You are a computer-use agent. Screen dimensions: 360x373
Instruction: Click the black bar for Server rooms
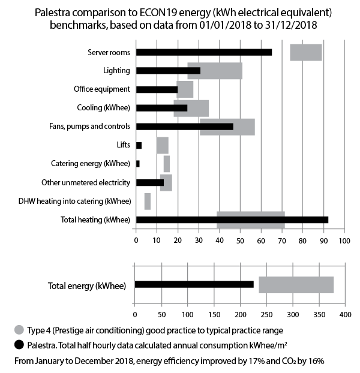coord(204,52)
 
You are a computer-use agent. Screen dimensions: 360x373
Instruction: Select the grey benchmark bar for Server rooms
coord(306,52)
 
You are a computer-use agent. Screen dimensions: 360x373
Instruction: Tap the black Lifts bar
coord(139,145)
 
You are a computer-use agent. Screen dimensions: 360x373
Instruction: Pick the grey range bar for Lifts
coord(163,145)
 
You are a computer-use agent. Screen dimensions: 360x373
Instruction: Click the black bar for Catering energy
coord(138,164)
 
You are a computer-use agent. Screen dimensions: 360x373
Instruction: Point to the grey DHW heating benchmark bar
coord(148,201)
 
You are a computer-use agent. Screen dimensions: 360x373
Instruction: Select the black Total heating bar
coord(232,220)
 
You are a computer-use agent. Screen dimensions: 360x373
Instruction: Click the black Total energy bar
coord(194,284)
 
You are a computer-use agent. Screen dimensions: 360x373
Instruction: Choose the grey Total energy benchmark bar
coord(296,285)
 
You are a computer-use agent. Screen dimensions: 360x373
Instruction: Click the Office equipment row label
coord(102,89)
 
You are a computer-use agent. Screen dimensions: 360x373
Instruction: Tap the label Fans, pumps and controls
coord(90,126)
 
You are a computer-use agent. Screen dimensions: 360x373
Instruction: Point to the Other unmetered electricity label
coord(86,182)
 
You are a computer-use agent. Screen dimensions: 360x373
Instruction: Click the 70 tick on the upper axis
coord(282,240)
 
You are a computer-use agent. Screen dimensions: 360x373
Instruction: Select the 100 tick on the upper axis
coord(344,240)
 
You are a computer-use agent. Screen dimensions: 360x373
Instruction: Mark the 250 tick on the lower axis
coord(266,315)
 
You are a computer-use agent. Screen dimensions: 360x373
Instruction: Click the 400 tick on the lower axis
coord(345,315)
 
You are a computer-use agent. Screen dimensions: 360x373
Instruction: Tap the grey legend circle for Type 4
coord(19,330)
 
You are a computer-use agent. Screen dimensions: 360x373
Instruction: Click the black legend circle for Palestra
coord(19,345)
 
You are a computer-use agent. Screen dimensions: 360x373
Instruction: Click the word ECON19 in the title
coord(158,13)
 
